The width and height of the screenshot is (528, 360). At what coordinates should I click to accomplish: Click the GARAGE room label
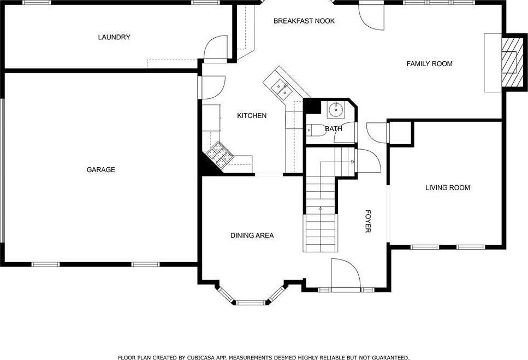click(x=100, y=170)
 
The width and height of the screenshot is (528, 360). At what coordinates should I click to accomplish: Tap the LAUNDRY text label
click(x=114, y=37)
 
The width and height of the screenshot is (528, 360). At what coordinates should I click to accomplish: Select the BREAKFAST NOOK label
click(x=304, y=21)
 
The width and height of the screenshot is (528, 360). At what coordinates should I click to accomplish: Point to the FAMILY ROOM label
click(x=429, y=64)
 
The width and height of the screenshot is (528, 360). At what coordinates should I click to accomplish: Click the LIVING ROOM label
click(x=448, y=187)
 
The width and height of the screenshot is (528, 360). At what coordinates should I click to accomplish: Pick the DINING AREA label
click(x=252, y=235)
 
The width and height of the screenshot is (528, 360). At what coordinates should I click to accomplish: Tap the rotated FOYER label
click(x=368, y=221)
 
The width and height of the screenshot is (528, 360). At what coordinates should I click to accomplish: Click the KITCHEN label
click(x=252, y=115)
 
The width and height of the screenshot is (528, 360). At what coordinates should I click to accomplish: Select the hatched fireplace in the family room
click(x=509, y=62)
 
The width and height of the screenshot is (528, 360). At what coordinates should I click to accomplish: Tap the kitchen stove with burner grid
click(x=219, y=155)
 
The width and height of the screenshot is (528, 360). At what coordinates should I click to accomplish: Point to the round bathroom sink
click(x=336, y=109)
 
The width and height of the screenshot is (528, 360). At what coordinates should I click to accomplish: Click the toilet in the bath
click(x=316, y=129)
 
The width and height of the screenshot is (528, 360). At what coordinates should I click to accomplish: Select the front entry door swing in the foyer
click(x=346, y=274)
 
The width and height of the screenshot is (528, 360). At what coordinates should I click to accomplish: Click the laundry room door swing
click(x=216, y=48)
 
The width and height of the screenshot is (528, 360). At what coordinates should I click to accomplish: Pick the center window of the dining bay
click(x=250, y=303)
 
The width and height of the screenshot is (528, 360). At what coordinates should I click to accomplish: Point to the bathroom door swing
click(x=346, y=133)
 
